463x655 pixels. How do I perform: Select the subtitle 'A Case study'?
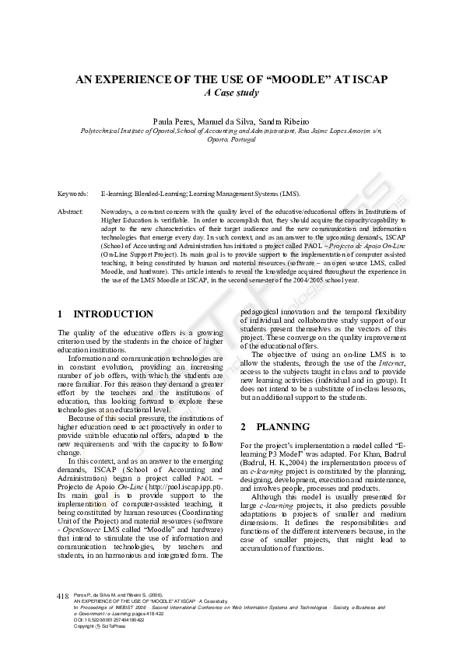pos(231,93)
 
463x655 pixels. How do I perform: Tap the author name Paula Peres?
pos(174,122)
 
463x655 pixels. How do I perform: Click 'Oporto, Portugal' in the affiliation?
pos(231,140)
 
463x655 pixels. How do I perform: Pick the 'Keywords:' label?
pos(72,193)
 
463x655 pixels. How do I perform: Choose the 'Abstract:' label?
pos(70,211)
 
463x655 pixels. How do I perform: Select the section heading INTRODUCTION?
pos(113,314)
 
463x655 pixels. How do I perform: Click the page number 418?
pos(64,595)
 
